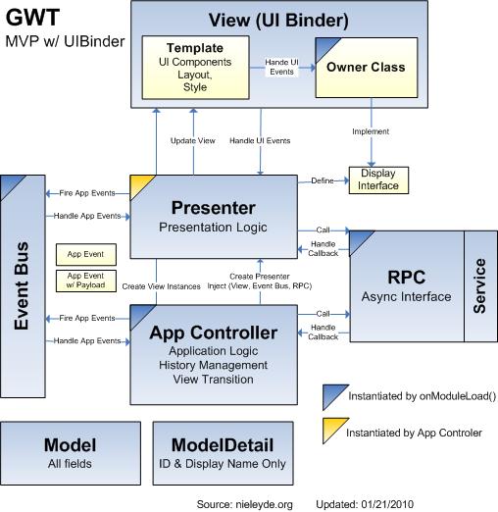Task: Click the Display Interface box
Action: [x=377, y=179]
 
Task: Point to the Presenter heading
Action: [x=213, y=208]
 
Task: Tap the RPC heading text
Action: [x=406, y=276]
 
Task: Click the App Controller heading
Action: [x=213, y=333]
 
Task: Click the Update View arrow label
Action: [x=192, y=141]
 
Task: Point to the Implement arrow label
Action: [x=372, y=131]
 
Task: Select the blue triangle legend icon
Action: [x=333, y=396]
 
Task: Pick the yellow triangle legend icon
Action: [x=333, y=431]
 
